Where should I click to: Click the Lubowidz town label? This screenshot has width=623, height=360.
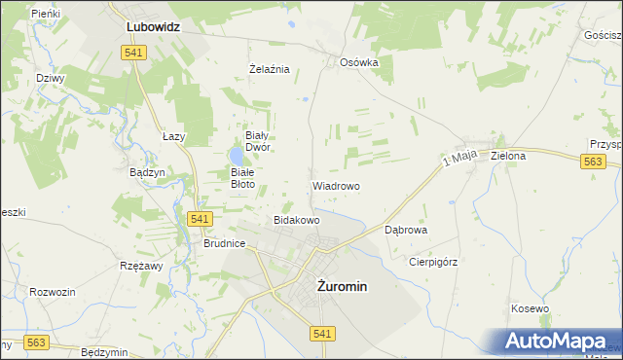tap(154, 28)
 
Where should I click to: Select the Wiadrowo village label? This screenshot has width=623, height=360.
tap(336, 185)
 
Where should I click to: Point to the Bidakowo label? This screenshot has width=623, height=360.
tap(297, 221)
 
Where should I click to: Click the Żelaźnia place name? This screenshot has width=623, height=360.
tap(270, 69)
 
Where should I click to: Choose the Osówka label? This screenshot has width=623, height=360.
tap(358, 61)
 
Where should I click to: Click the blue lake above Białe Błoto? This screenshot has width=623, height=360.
tap(237, 156)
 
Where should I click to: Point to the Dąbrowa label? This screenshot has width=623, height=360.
tap(406, 231)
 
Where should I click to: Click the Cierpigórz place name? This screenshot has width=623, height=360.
tap(433, 261)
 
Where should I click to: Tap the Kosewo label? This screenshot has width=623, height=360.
tap(530, 308)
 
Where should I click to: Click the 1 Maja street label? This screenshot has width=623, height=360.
tap(458, 159)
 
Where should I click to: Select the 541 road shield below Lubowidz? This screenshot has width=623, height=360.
tap(134, 53)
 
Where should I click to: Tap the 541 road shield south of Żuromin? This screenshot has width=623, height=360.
tap(324, 333)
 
